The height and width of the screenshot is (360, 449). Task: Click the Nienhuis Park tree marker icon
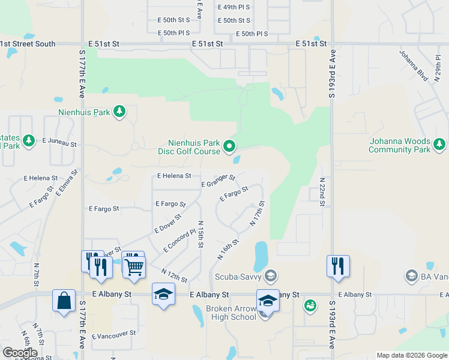point(119,111)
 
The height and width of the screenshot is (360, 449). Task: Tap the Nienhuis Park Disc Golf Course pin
point(229,146)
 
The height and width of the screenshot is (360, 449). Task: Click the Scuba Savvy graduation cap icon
point(270,276)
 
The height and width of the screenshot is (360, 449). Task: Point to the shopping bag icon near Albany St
point(64,299)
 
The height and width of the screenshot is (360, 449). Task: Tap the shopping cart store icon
point(135,266)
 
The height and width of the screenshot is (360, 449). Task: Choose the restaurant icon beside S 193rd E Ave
point(338,265)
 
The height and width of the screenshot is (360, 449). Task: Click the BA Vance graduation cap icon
point(411,276)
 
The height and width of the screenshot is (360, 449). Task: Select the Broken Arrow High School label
point(231,313)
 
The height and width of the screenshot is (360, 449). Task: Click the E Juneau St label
point(59,143)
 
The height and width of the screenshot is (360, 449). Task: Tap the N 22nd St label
point(322,192)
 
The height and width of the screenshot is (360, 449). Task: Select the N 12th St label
point(174,276)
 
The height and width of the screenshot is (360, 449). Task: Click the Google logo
point(20,353)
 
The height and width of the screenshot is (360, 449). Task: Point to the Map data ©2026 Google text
point(412,355)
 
